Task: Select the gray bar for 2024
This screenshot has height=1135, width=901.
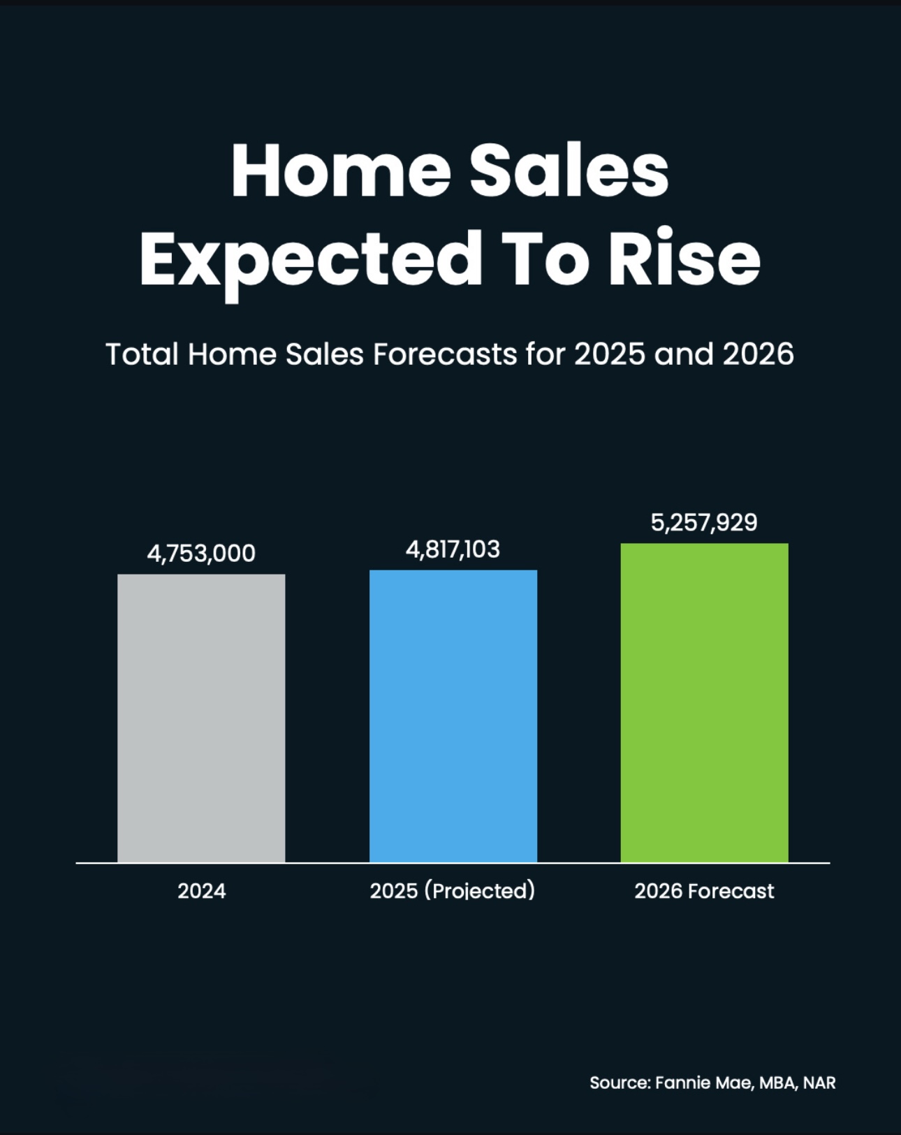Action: pos(201,718)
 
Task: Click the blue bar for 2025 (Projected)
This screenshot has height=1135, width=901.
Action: pos(453,716)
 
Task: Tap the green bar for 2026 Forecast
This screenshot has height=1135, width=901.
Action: pos(704,702)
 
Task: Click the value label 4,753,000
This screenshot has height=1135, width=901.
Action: pos(201,554)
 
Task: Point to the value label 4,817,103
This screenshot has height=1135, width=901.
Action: pos(453,549)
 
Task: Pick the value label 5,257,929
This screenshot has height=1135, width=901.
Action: pos(704,523)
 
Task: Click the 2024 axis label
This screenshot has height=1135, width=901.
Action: pos(201,891)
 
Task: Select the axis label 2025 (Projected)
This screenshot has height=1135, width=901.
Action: pos(453,891)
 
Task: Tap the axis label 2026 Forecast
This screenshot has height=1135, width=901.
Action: pos(704,891)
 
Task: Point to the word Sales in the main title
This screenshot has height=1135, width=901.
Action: pos(569,172)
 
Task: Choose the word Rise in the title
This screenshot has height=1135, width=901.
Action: pos(684,259)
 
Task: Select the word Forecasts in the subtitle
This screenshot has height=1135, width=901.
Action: pos(444,354)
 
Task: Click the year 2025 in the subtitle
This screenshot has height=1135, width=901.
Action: pos(610,354)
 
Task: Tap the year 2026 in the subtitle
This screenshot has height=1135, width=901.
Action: pos(758,354)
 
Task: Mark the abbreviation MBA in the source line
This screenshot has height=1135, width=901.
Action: pos(777,1083)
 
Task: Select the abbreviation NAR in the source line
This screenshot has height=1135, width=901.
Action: pos(819,1083)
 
